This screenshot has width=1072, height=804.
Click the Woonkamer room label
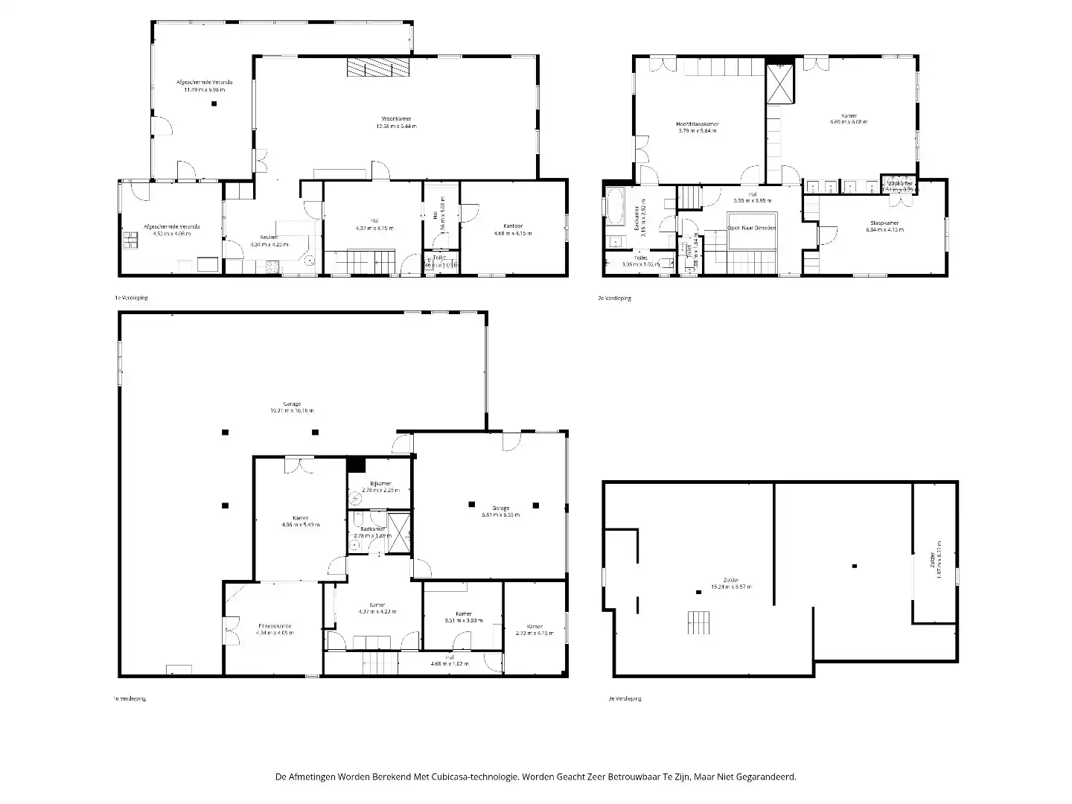click(396, 118)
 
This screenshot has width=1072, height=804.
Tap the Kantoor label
click(513, 226)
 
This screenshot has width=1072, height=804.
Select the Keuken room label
click(269, 237)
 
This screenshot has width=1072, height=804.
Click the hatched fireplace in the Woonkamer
click(378, 68)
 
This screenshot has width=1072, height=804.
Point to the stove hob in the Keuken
click(272, 266)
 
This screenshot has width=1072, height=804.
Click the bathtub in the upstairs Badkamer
click(615, 206)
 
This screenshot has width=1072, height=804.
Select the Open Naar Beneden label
click(752, 227)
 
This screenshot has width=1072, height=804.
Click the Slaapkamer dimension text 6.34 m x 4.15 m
click(884, 230)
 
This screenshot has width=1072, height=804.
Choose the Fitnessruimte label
click(275, 625)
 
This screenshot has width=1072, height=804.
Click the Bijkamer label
click(380, 483)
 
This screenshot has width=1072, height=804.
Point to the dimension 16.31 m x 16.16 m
click(292, 411)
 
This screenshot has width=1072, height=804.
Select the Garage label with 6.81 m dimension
click(500, 508)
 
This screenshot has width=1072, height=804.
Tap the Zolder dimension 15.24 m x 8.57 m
click(731, 587)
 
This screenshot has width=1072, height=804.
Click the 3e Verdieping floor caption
click(625, 698)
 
